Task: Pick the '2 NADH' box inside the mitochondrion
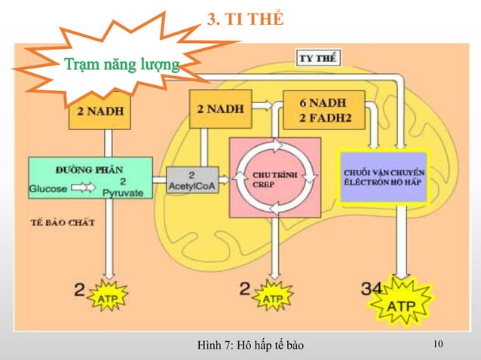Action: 220,108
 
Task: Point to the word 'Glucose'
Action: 48,188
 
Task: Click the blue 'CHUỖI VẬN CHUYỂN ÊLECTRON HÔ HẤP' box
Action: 383,176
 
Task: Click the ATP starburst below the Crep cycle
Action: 271,298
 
